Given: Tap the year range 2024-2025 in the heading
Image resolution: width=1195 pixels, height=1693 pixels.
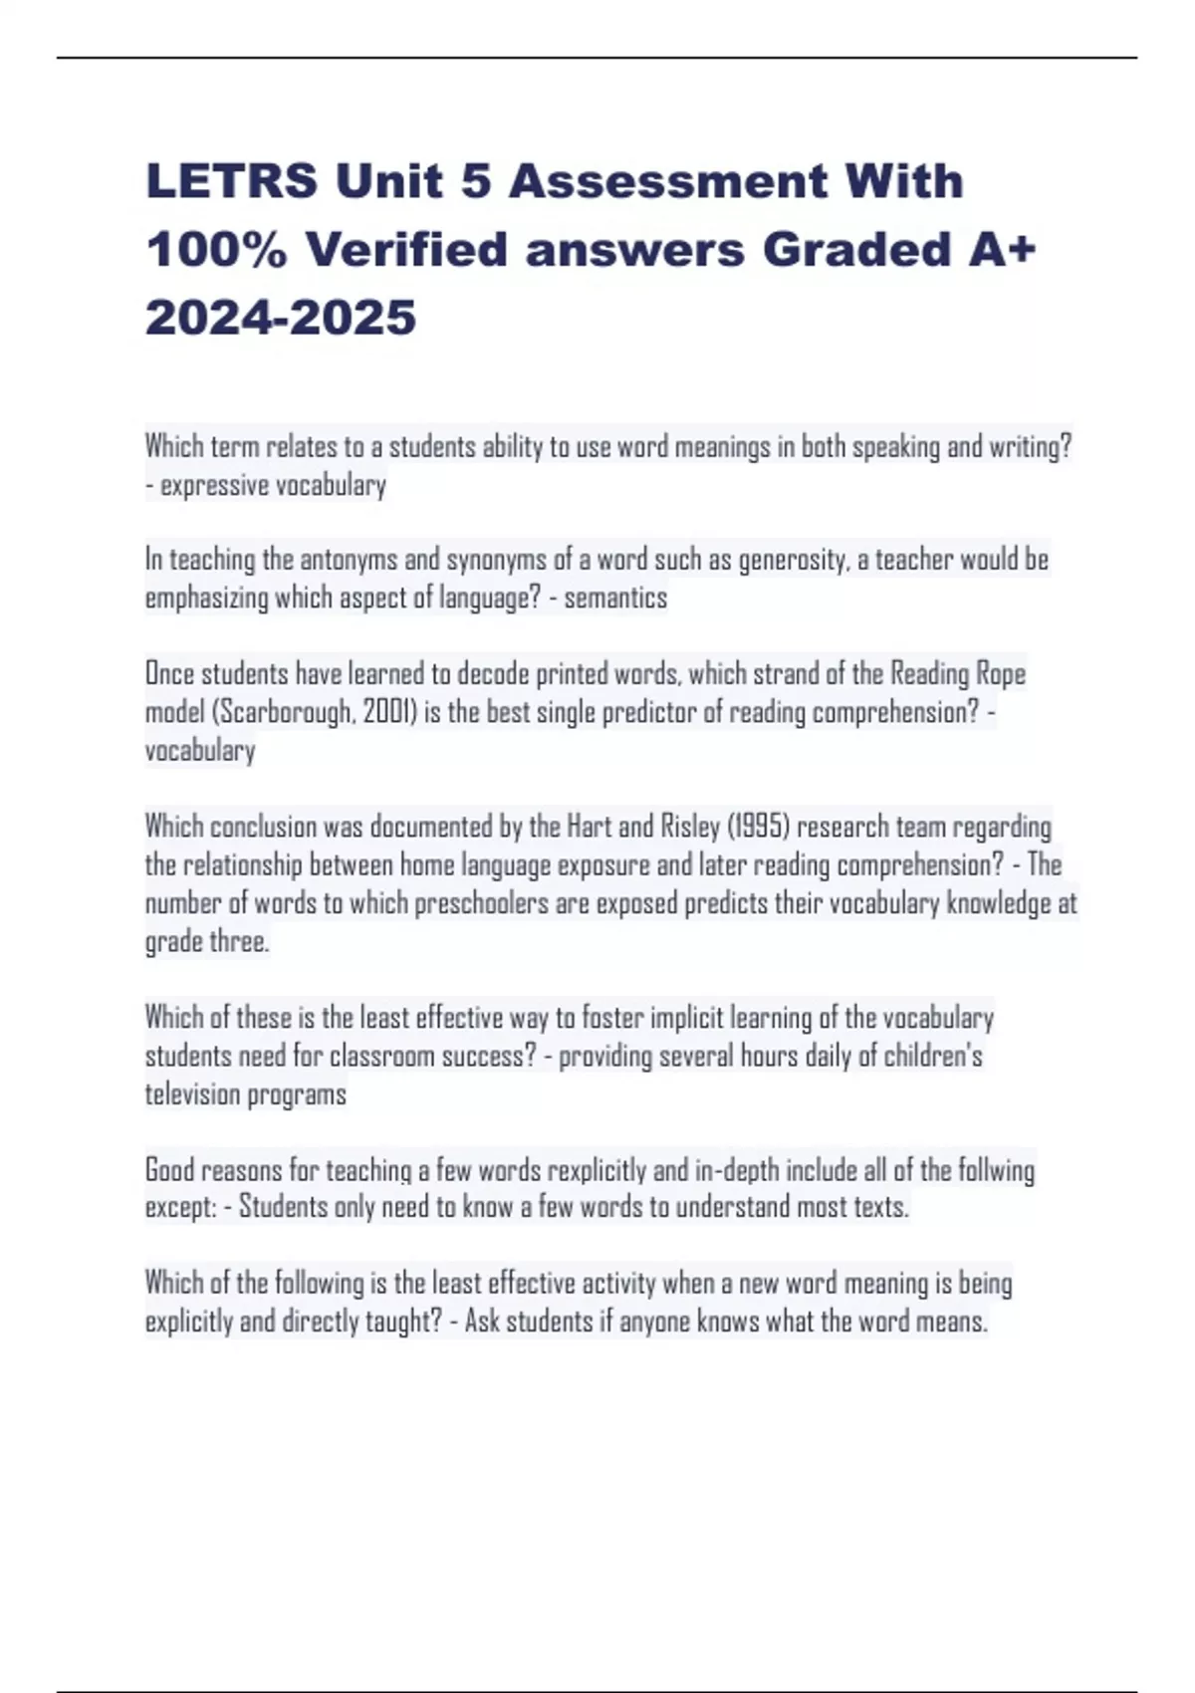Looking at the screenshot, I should (x=281, y=318).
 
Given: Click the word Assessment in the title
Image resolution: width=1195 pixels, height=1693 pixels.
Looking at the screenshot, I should (x=668, y=181).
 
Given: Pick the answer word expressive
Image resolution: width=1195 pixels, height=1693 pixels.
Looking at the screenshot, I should (x=214, y=485).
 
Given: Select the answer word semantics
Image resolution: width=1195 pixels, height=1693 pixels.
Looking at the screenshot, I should (x=615, y=598).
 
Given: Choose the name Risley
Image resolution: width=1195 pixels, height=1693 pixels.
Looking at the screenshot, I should (x=689, y=827).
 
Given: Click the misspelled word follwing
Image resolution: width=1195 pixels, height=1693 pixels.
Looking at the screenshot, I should (x=996, y=1169).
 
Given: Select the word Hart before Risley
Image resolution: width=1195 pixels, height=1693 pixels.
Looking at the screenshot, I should (x=589, y=827).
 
